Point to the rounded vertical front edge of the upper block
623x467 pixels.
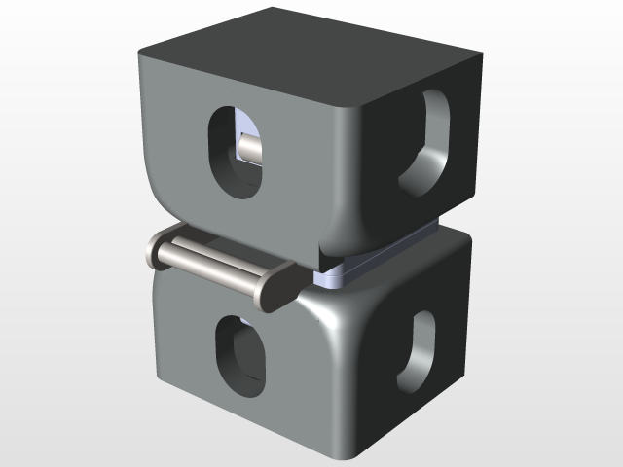click(x=355, y=175)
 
